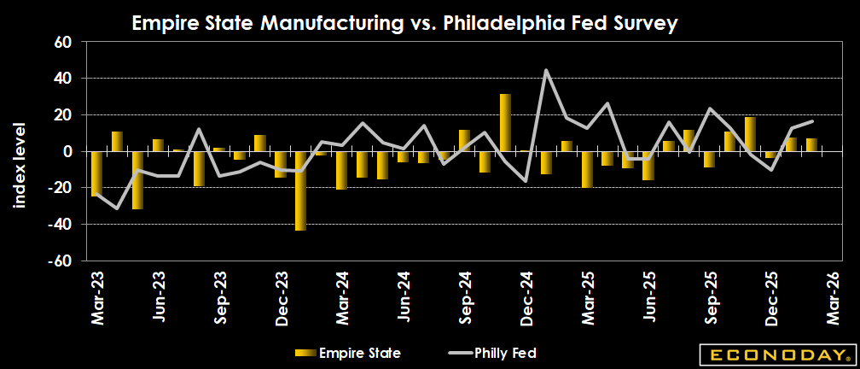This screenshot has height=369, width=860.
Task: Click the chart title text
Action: click(x=404, y=24)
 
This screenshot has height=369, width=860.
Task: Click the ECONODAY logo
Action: click(x=775, y=353)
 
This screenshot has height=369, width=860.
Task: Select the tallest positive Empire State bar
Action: click(x=505, y=123)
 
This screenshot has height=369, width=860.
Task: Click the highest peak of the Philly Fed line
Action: click(x=546, y=70)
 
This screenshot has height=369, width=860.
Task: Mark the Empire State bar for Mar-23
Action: click(x=96, y=174)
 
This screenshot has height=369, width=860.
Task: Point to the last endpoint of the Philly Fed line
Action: click(x=811, y=121)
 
